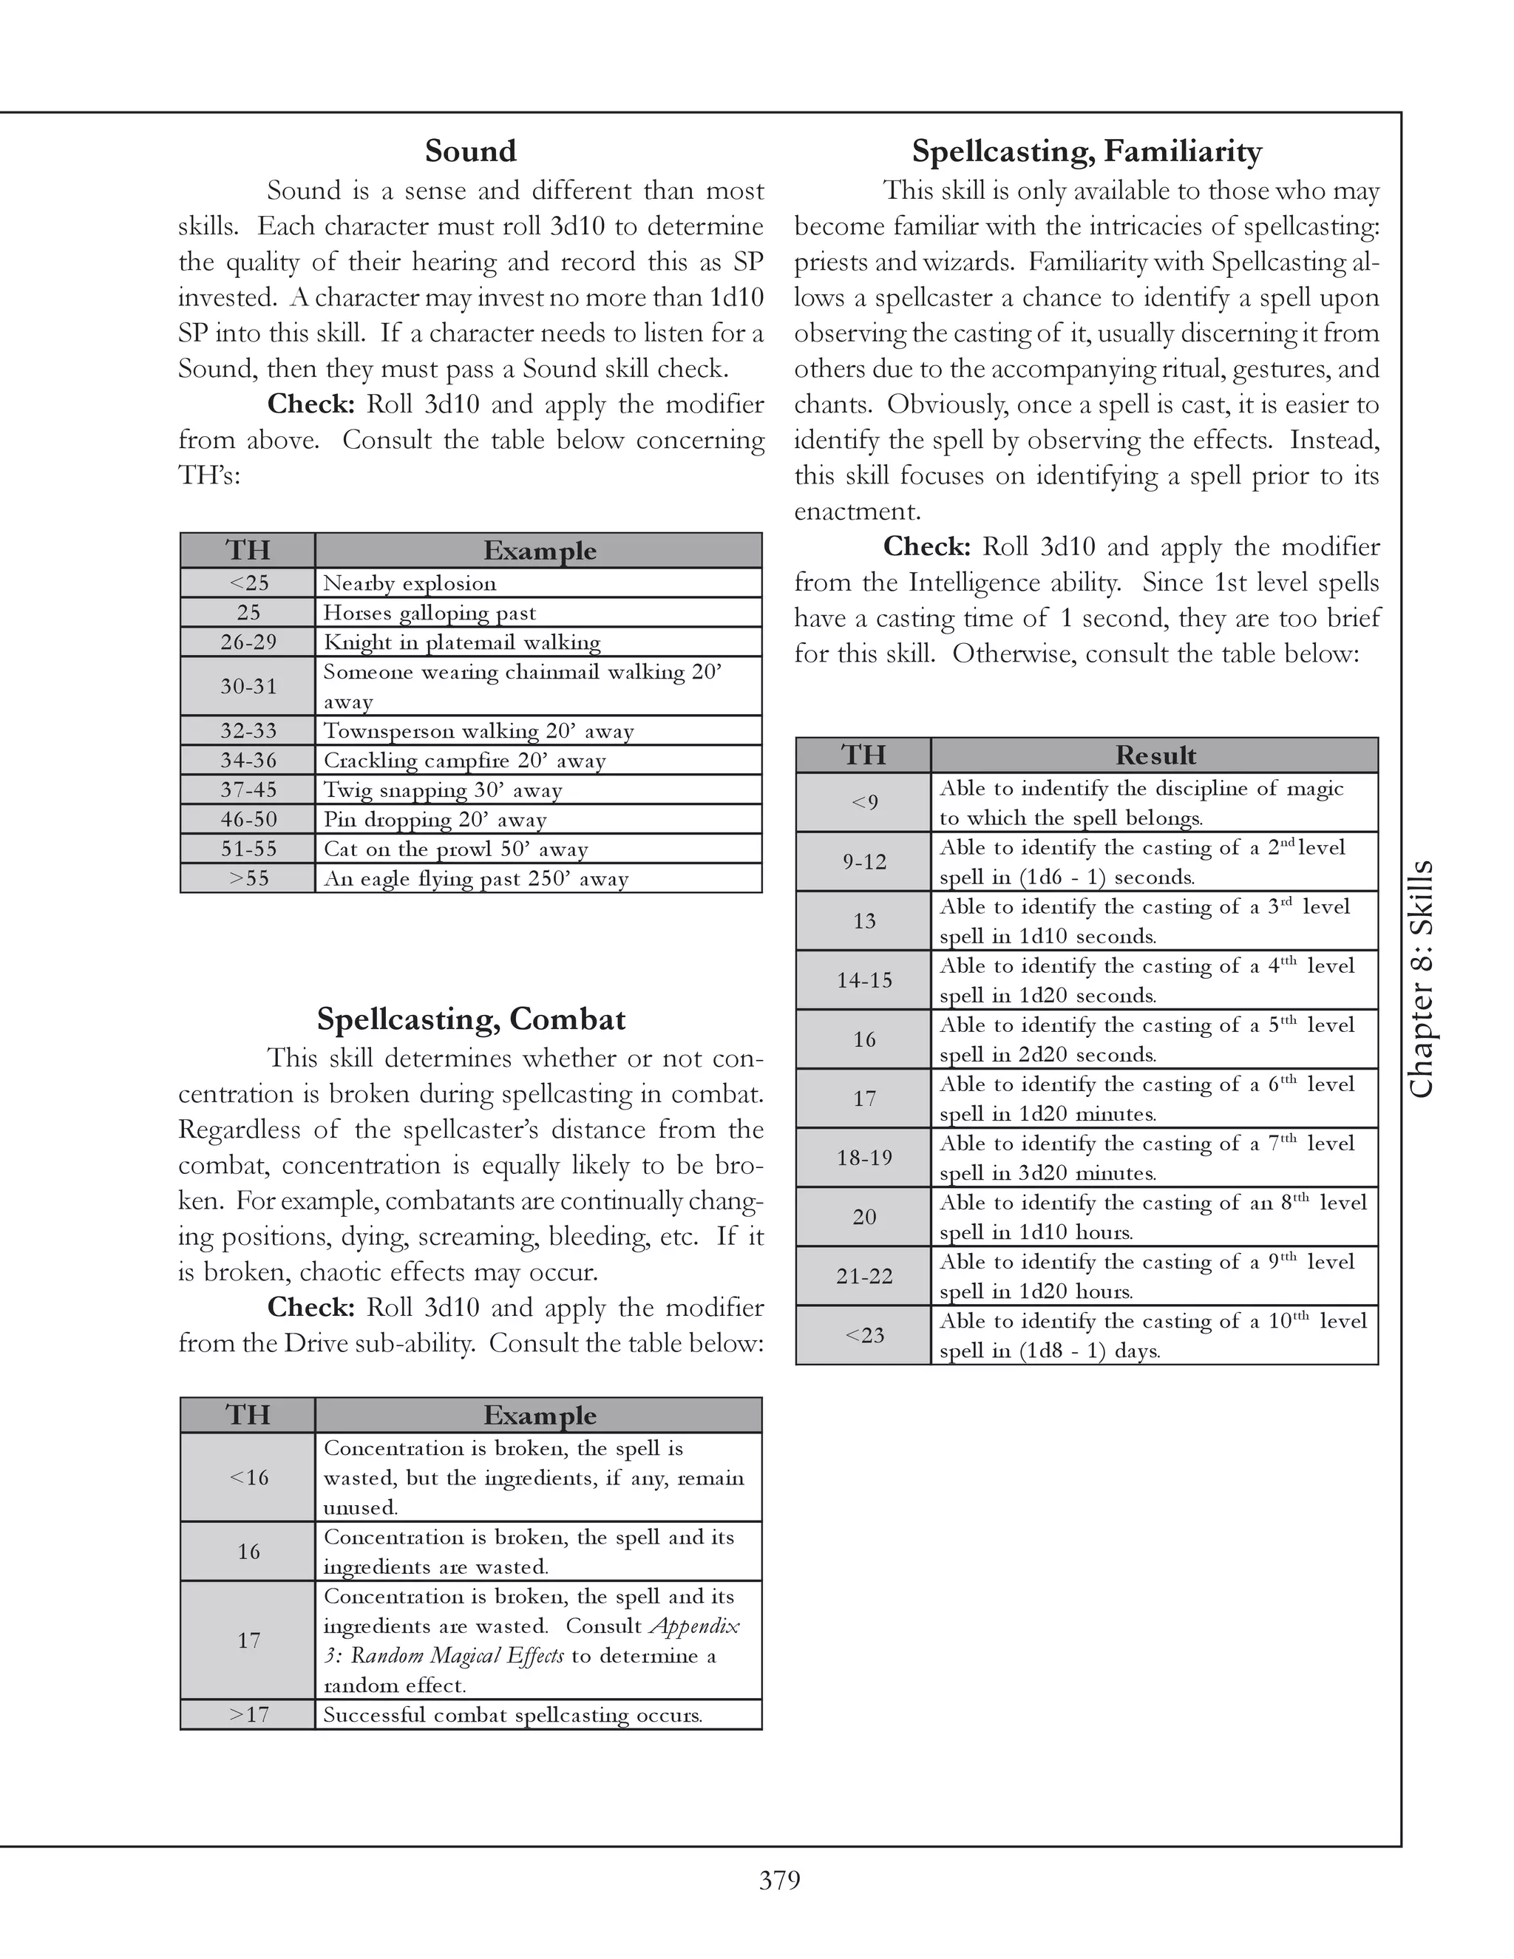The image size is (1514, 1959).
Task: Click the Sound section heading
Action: coord(470,151)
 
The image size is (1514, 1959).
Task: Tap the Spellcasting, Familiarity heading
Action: coord(1086,151)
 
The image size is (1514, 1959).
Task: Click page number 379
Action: coord(779,1880)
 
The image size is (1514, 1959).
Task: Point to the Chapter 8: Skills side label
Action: coord(1422,979)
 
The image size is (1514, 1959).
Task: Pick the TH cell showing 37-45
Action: coord(248,790)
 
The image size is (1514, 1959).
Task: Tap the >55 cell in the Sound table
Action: coord(248,878)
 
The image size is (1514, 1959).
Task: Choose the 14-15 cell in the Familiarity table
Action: coord(863,980)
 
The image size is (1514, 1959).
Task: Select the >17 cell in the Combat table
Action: coord(248,1715)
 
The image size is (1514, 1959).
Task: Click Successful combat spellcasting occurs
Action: coord(512,1715)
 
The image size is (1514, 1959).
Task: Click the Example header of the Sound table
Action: coord(539,551)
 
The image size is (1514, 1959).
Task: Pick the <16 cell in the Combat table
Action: coord(248,1477)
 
